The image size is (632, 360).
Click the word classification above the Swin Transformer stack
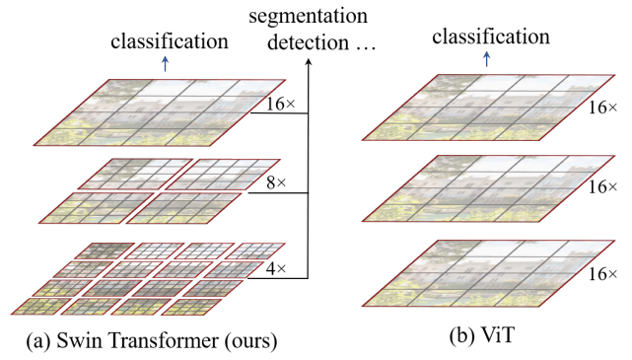tap(170, 42)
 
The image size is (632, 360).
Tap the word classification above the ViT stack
tap(489, 36)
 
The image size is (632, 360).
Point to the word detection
tap(293, 44)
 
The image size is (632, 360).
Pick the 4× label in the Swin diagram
tap(277, 266)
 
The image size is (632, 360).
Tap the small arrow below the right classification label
tap(488, 58)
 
